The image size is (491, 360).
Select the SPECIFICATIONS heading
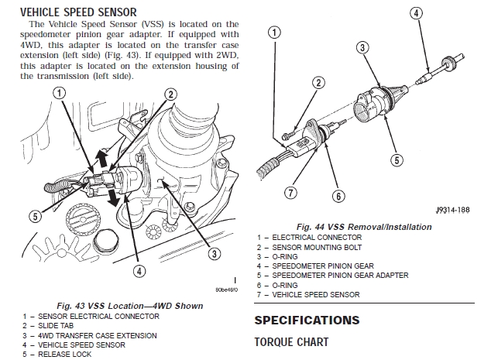click(307, 320)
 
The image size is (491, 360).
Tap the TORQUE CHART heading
click(291, 341)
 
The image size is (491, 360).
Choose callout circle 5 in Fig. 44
click(397, 160)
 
